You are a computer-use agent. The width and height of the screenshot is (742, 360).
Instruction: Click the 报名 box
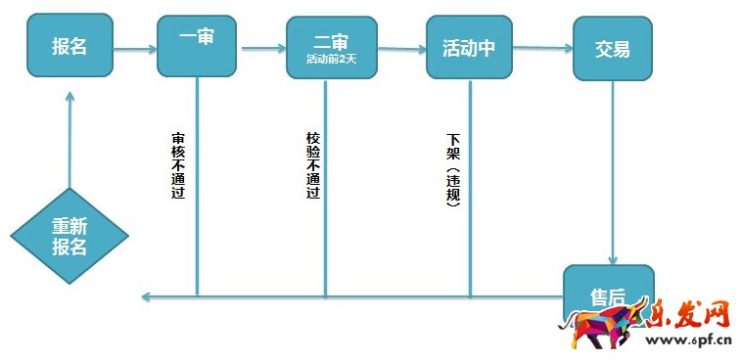[x=70, y=46]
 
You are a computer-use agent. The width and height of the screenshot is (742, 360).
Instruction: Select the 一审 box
[x=197, y=45]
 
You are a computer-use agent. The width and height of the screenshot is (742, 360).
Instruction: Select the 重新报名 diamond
[x=70, y=237]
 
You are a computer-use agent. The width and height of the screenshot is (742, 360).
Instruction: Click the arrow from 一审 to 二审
[x=262, y=48]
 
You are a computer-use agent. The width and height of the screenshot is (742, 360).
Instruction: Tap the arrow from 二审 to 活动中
[x=397, y=48]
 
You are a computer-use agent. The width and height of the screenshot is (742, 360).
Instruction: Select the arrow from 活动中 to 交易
[x=542, y=48]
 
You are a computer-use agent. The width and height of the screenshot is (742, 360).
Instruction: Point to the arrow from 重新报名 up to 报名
[x=70, y=137]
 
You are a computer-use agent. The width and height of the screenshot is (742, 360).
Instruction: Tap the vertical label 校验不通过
[x=312, y=165]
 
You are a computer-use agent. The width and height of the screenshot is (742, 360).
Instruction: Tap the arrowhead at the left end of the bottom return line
[x=145, y=296]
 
